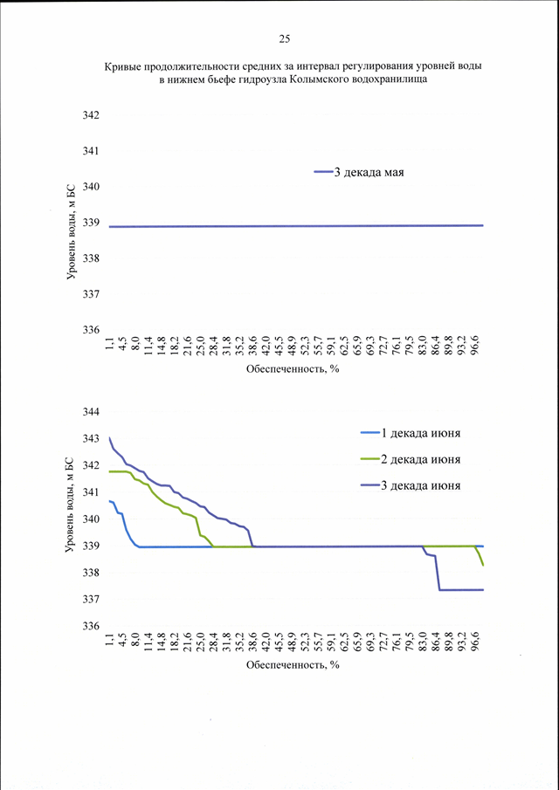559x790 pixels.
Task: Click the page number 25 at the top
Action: tap(284, 40)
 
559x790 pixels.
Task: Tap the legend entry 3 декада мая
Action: tap(360, 172)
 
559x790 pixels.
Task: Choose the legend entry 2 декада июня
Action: tap(411, 459)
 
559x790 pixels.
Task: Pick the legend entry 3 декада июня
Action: tap(411, 485)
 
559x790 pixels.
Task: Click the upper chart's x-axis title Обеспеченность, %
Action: tap(293, 369)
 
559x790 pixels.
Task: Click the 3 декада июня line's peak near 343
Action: tap(110, 438)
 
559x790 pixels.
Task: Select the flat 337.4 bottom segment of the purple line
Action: tap(462, 589)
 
